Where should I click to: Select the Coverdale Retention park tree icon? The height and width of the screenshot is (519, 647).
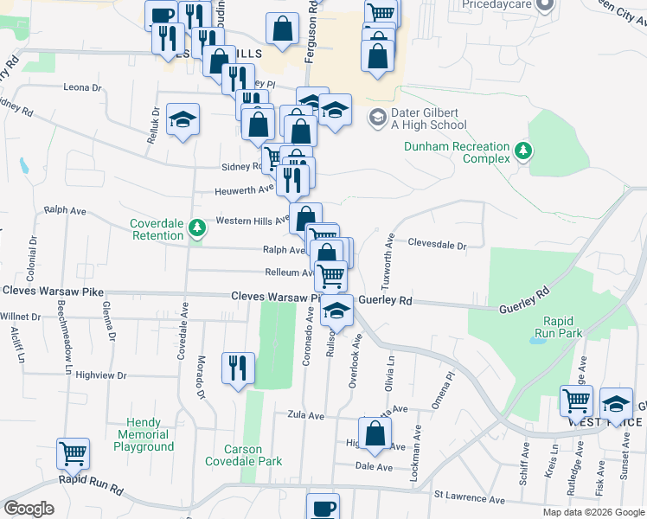tap(198, 227)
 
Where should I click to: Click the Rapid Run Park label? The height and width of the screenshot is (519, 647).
tap(559, 326)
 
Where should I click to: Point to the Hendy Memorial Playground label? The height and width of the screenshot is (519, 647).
tap(144, 434)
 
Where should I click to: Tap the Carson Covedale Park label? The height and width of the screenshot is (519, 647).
tap(242, 455)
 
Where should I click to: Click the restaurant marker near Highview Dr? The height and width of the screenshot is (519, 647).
tap(235, 366)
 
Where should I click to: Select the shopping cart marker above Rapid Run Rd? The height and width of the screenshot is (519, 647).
tap(73, 452)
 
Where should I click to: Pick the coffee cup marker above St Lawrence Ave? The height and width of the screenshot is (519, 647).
tap(323, 506)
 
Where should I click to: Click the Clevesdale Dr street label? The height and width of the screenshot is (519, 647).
tap(437, 245)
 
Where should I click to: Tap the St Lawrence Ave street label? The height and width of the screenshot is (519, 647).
tap(469, 500)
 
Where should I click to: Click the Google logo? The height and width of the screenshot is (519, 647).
tap(29, 509)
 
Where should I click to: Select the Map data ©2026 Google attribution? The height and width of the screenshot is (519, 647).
tap(593, 512)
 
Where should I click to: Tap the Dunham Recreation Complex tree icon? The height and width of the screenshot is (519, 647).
tap(522, 152)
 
